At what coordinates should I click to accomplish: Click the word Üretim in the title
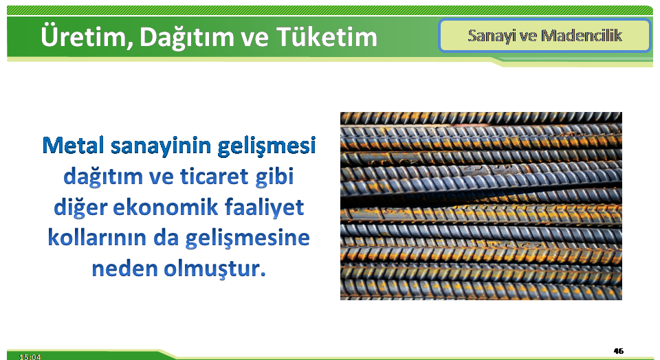(x=84, y=36)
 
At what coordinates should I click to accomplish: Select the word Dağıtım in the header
(x=186, y=37)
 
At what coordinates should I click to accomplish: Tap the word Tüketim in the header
(x=327, y=36)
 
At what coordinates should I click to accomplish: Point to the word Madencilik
(x=582, y=35)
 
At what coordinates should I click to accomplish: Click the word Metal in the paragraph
(x=74, y=145)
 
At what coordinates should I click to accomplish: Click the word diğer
(x=80, y=207)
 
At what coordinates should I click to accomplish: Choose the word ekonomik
(x=166, y=207)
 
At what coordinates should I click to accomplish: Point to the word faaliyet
(x=264, y=207)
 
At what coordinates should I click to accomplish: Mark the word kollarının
(x=97, y=238)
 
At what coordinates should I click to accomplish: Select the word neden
(x=124, y=269)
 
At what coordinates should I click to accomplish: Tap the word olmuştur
(x=214, y=269)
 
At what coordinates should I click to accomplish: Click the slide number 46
(x=618, y=351)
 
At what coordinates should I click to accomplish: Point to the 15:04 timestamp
(x=30, y=357)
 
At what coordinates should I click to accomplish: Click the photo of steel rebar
(x=481, y=206)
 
